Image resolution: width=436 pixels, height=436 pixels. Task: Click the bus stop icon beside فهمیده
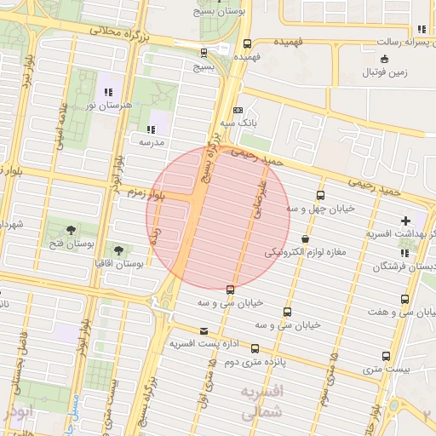coord(247,43)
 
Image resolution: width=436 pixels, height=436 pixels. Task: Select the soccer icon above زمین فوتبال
coord(386,59)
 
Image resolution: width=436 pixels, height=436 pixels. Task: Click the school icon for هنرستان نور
coord(107,91)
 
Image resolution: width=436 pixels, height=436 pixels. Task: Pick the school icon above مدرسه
coord(151,129)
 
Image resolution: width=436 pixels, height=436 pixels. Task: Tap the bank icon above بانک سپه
coord(238,110)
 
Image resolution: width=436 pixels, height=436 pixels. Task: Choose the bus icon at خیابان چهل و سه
coord(320,194)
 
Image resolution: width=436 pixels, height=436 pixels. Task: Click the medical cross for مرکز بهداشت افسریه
coord(405,221)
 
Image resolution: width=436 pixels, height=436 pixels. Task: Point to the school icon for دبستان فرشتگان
coord(404,253)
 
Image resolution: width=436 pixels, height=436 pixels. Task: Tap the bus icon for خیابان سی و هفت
coord(404,299)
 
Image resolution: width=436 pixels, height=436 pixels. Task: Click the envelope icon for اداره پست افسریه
coord(203,331)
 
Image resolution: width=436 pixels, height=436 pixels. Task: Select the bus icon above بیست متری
coord(387,357)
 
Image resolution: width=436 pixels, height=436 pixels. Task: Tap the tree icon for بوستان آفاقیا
coord(118,250)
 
